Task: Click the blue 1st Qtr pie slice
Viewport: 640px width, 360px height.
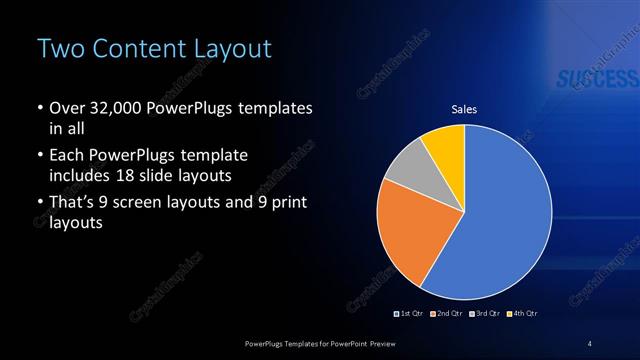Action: tap(500, 220)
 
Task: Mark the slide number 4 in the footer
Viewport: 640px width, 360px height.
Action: tap(590, 343)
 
